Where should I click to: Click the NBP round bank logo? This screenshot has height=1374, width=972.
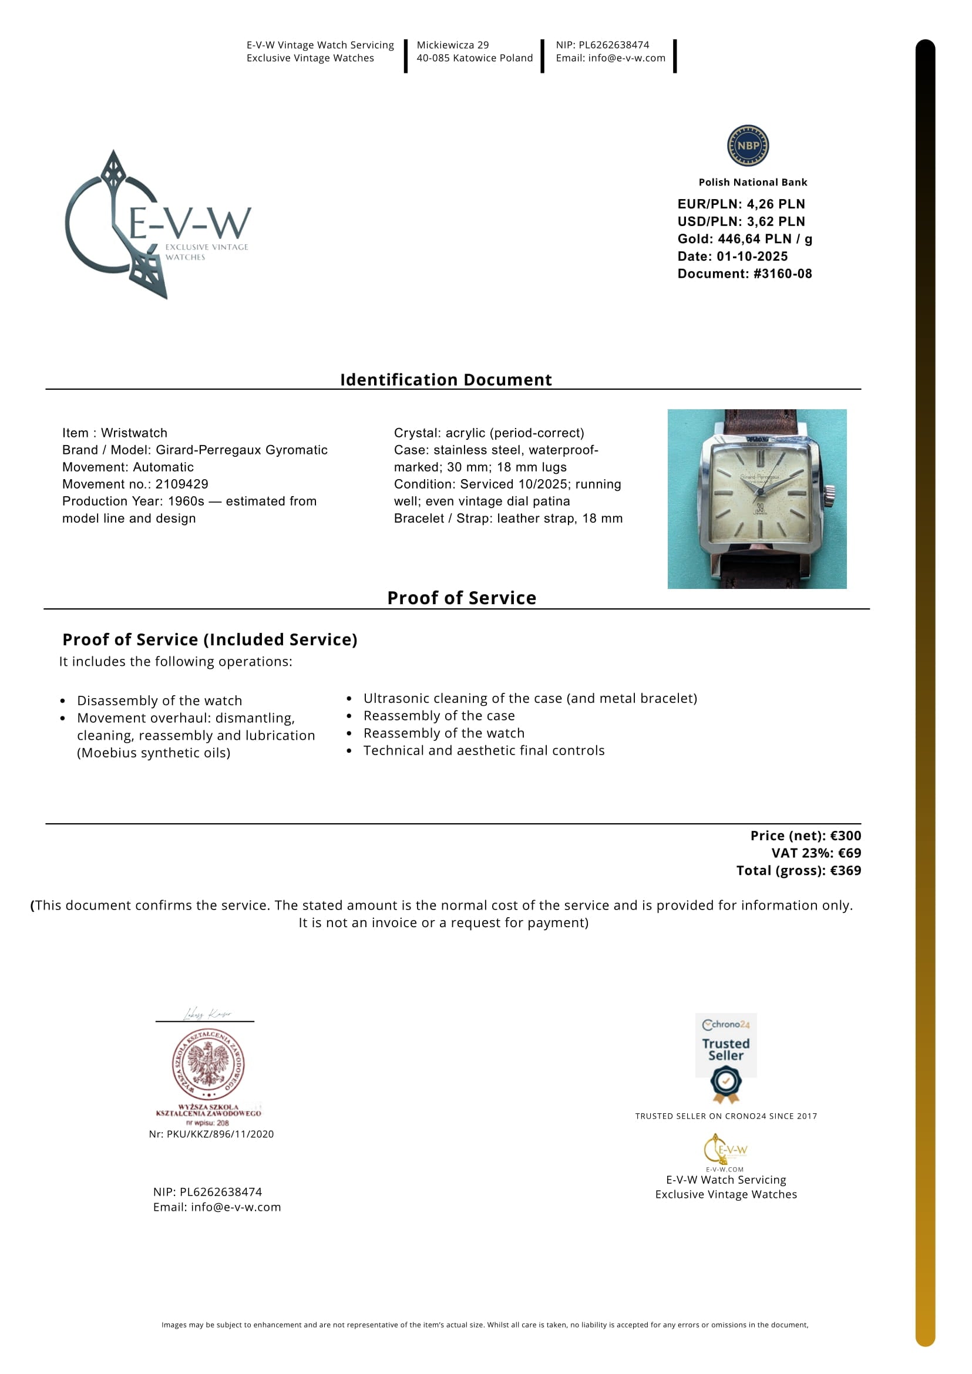[x=748, y=146]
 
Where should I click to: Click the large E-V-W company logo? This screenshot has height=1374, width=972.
[x=157, y=225]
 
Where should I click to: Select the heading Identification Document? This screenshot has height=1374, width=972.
[x=446, y=379]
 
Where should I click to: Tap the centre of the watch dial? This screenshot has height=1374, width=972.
[x=759, y=492]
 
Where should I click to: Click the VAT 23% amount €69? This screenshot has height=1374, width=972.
[x=849, y=853]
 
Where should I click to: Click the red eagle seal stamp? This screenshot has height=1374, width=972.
[x=208, y=1064]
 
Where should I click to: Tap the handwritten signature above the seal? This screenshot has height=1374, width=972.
[x=207, y=1013]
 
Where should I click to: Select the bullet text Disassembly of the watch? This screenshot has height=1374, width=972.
[x=159, y=700]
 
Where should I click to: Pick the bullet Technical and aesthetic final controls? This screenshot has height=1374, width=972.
[x=483, y=750]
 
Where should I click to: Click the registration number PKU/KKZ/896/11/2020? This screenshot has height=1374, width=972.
[x=220, y=1134]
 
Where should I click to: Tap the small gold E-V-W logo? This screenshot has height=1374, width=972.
[x=725, y=1150]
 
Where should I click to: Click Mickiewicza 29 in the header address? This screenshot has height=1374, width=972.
[x=452, y=45]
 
